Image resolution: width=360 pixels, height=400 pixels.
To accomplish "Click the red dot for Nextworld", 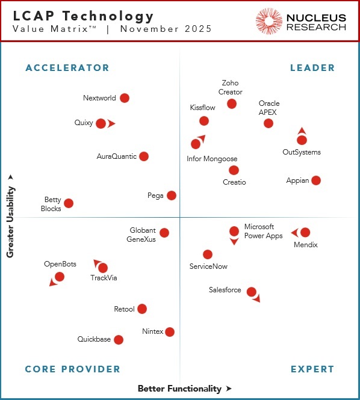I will [x=125, y=98].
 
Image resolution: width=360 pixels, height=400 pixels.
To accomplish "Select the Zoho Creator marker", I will [x=232, y=104].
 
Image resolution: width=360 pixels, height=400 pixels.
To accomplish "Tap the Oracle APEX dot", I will [x=268, y=123].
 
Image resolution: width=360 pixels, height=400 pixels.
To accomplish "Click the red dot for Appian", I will [x=316, y=180].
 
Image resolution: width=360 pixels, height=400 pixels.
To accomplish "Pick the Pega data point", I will [x=172, y=195].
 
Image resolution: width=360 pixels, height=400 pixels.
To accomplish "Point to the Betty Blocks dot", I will [x=69, y=204].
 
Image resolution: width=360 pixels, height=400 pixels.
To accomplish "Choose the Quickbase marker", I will [x=119, y=340].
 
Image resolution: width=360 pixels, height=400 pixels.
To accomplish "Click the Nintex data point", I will [x=170, y=332].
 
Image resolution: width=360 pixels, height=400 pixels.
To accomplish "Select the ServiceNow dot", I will [x=208, y=254].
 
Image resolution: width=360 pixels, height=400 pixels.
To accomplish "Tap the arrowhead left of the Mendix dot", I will [x=294, y=232].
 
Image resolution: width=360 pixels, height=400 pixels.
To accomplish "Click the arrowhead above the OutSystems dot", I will [x=302, y=131].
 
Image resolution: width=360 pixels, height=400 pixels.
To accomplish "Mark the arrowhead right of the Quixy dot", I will [x=111, y=124].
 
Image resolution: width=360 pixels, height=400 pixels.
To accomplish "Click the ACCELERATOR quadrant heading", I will [x=67, y=68].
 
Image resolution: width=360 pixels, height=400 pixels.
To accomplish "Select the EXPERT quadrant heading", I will [x=312, y=369].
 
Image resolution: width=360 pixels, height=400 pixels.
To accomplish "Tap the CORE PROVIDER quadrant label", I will [x=73, y=369].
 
